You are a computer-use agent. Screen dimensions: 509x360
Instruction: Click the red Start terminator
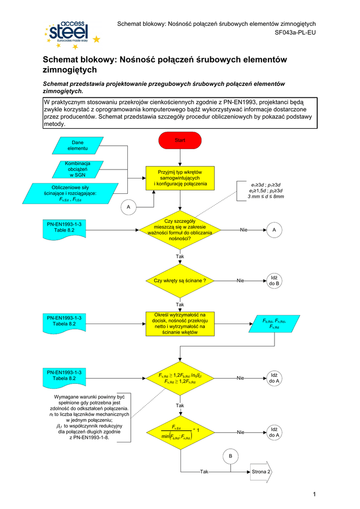[x=180, y=141]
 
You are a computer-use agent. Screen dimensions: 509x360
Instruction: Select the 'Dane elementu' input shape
[x=78, y=145]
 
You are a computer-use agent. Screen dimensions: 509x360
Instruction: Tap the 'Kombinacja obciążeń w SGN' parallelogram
[x=78, y=169]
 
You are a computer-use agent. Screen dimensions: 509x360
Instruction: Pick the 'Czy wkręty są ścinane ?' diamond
[x=180, y=281]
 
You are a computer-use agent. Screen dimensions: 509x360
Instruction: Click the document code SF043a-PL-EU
[x=295, y=33]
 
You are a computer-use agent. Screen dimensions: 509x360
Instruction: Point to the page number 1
[x=315, y=494]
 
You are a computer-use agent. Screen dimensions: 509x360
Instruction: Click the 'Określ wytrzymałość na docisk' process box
[x=180, y=323]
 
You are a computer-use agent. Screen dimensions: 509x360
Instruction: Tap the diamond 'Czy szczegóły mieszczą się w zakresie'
[x=180, y=229]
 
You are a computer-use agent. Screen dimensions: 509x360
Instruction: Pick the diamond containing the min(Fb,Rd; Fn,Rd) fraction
[x=180, y=432]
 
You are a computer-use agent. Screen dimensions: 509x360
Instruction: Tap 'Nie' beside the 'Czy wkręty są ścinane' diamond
[x=240, y=281]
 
